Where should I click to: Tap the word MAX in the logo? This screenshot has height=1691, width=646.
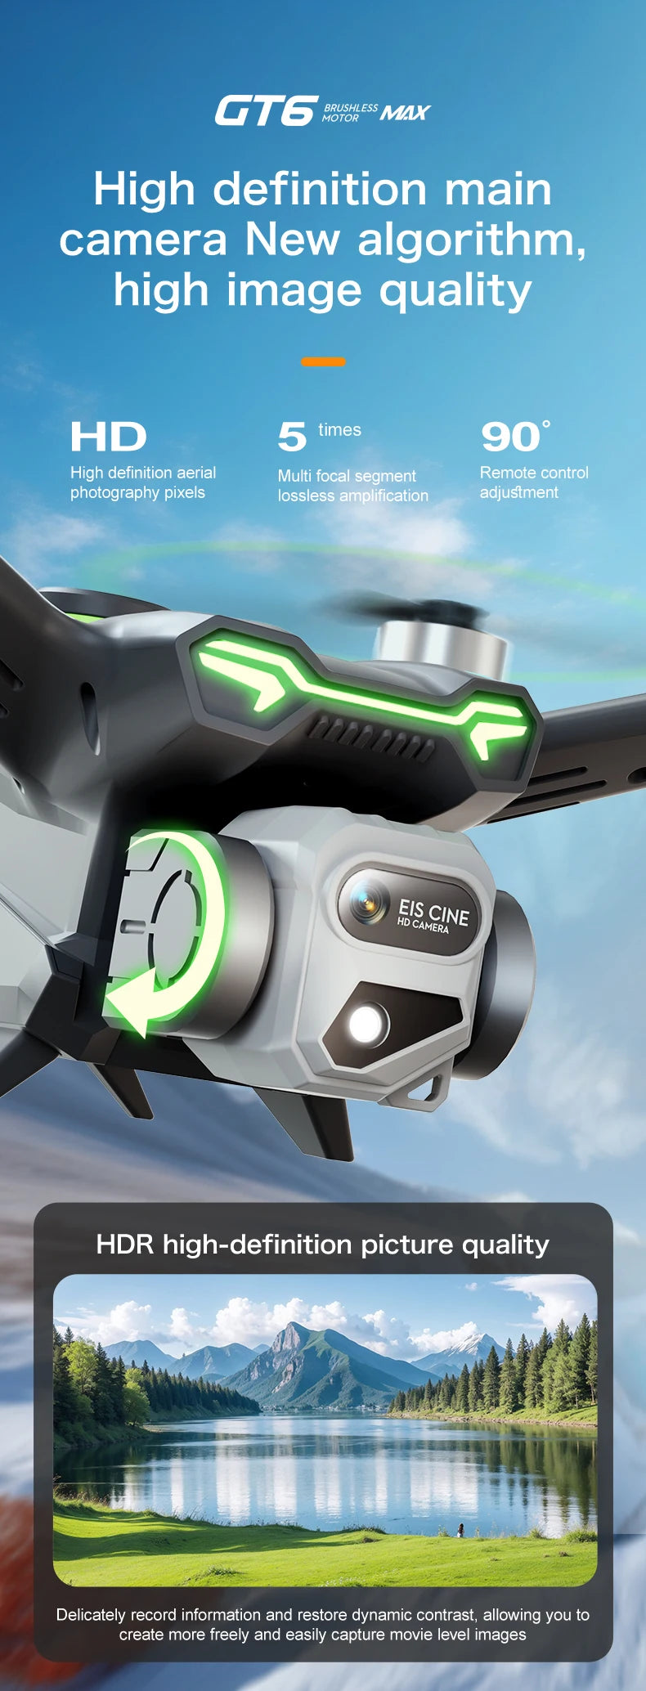coord(405,112)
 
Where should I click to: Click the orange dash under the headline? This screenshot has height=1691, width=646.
coord(323,361)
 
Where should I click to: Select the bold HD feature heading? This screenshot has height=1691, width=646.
coord(108,437)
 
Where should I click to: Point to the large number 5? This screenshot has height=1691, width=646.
coord(292,437)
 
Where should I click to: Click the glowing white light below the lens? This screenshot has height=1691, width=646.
coord(366,1023)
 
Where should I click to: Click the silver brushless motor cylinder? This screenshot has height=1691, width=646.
coord(441,647)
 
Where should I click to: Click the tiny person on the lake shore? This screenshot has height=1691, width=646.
coord(460,1530)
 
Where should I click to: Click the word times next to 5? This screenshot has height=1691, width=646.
coord(339,430)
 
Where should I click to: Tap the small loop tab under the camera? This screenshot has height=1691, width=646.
coord(434,1088)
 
